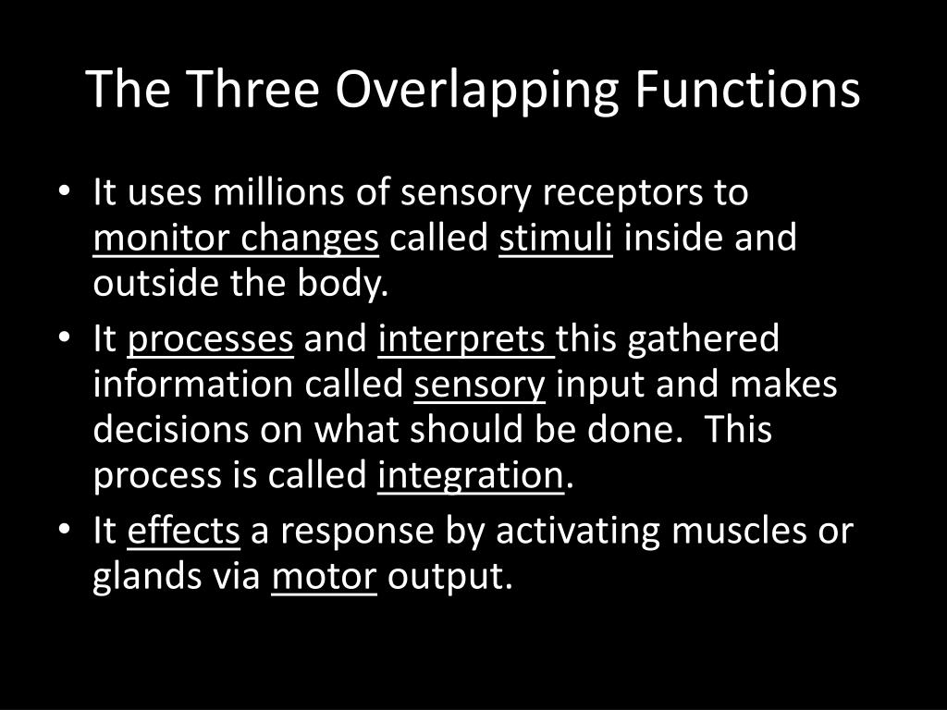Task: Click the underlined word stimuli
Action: (x=556, y=239)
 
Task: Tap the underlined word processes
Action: (x=211, y=339)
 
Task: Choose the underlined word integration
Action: (x=471, y=476)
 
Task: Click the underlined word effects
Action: (x=183, y=532)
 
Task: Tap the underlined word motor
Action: (x=324, y=577)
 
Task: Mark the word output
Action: (x=449, y=577)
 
